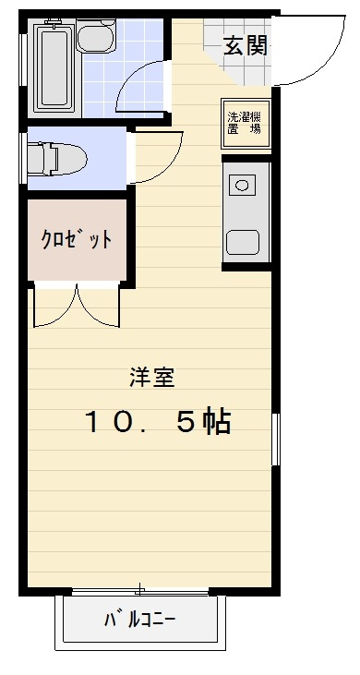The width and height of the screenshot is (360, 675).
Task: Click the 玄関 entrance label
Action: click(x=246, y=44)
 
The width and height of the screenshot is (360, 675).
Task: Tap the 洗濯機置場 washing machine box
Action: click(x=245, y=123)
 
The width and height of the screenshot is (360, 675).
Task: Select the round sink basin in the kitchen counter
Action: click(x=243, y=186)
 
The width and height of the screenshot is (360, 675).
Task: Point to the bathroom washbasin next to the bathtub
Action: click(x=92, y=40)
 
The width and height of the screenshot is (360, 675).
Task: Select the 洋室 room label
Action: click(x=151, y=377)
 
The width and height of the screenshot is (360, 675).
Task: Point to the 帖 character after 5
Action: click(x=215, y=422)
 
